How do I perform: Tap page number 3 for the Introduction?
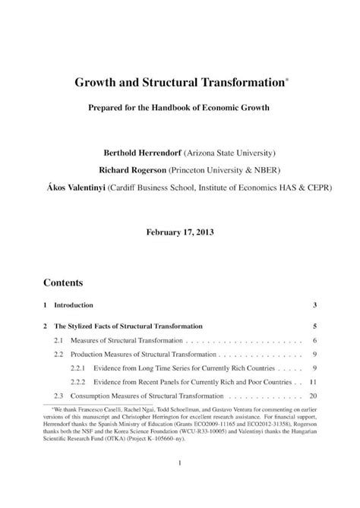[x=313, y=305]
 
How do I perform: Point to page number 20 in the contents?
[x=311, y=396]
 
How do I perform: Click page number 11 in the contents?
[x=312, y=381]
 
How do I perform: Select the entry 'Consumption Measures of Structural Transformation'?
[x=149, y=396]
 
